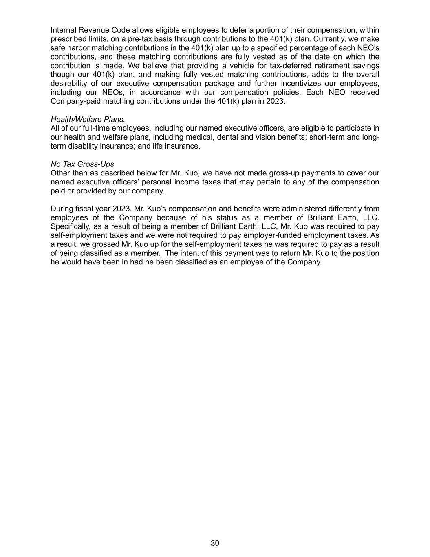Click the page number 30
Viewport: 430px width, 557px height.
click(x=215, y=543)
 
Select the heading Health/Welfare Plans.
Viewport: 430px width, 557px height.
click(x=88, y=119)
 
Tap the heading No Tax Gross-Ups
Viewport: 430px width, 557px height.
click(x=82, y=164)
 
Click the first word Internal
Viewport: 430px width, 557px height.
click(x=63, y=30)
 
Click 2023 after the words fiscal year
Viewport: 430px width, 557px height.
click(x=121, y=209)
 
